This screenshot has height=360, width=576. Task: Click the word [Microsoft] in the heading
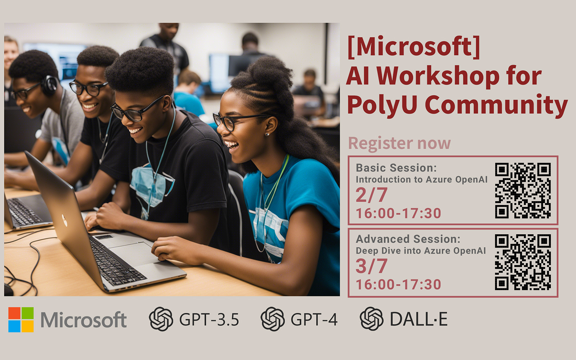414,47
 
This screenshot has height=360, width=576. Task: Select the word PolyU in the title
382,105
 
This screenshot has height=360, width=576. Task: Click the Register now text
399,143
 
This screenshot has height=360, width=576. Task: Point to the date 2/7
371,195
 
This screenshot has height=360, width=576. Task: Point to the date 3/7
371,266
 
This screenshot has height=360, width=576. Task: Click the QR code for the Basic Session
523,190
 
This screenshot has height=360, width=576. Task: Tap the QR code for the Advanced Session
523,262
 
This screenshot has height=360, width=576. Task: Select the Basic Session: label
396,168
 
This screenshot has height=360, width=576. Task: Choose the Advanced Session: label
408,239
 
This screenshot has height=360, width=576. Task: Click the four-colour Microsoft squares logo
21,320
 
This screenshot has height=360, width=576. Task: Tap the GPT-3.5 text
209,320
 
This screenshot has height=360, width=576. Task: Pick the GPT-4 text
314,320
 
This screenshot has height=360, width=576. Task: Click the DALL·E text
419,319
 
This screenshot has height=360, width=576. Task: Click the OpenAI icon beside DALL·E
371,319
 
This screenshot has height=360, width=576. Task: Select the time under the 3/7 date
398,285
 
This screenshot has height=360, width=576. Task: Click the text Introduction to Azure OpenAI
421,180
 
